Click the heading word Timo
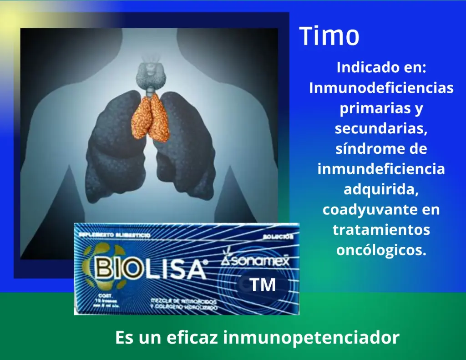[329, 36]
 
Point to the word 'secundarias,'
[381, 129]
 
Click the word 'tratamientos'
[381, 230]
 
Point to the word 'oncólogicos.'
[381, 250]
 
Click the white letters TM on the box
[263, 285]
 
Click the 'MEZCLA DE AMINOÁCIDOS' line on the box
[184, 301]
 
